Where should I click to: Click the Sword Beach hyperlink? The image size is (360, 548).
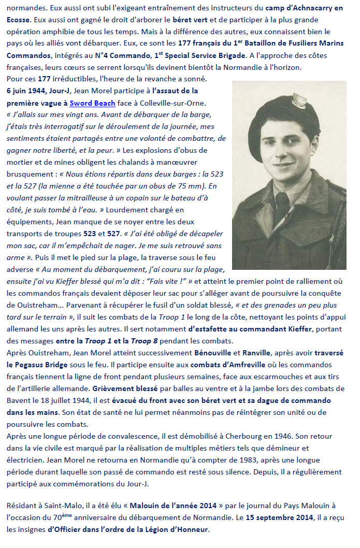91,102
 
